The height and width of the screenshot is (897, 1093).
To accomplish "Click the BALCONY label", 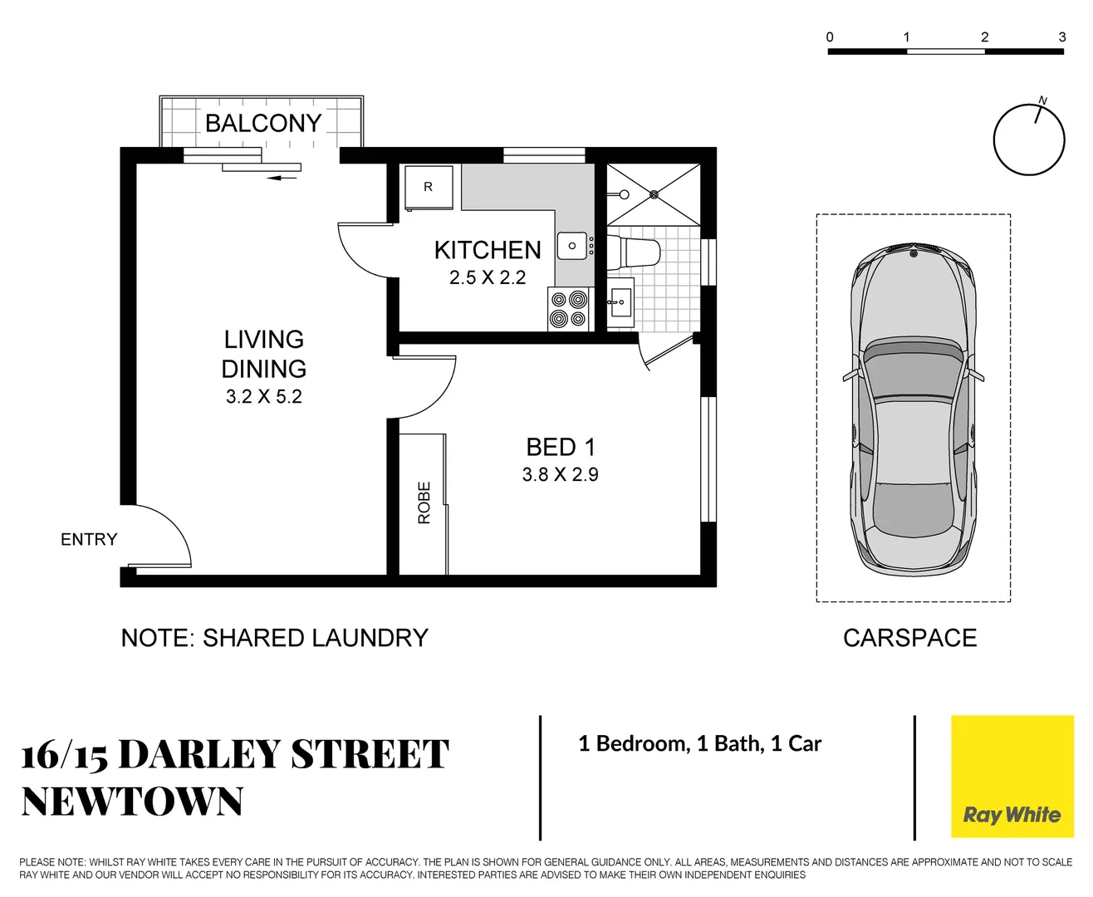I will pos(262,123).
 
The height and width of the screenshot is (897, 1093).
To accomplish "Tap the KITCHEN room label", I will pos(488,250).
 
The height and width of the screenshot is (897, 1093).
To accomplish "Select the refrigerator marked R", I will pos(428,187).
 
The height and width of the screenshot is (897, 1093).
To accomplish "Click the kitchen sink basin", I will pos(572,246).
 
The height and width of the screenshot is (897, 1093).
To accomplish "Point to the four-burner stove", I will pos(569,309).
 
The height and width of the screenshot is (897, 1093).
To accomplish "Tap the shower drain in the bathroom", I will pos(654,194).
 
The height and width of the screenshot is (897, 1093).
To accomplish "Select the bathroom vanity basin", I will pos(620,303).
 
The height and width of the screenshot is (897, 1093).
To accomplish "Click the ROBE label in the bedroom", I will pos(424,502).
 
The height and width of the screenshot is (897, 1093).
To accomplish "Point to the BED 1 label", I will pos(561,448).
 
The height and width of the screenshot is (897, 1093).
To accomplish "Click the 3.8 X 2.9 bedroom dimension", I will pos(560,475).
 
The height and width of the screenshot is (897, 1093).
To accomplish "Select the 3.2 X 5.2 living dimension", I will pos(263,397).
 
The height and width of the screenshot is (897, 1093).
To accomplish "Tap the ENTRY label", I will pos(89,540).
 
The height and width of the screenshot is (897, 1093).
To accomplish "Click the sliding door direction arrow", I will pos(285,177).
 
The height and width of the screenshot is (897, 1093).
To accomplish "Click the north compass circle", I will pos(1028,140).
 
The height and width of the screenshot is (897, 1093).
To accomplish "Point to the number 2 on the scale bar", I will pos(984,37).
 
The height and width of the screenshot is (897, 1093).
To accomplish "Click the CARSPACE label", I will pos(909,638).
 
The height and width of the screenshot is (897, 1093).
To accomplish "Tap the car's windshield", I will pos(913,370).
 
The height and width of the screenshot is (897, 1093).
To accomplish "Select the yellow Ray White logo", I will pos(1012,777).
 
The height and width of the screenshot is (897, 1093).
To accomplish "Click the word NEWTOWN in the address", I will pos(132,801).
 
